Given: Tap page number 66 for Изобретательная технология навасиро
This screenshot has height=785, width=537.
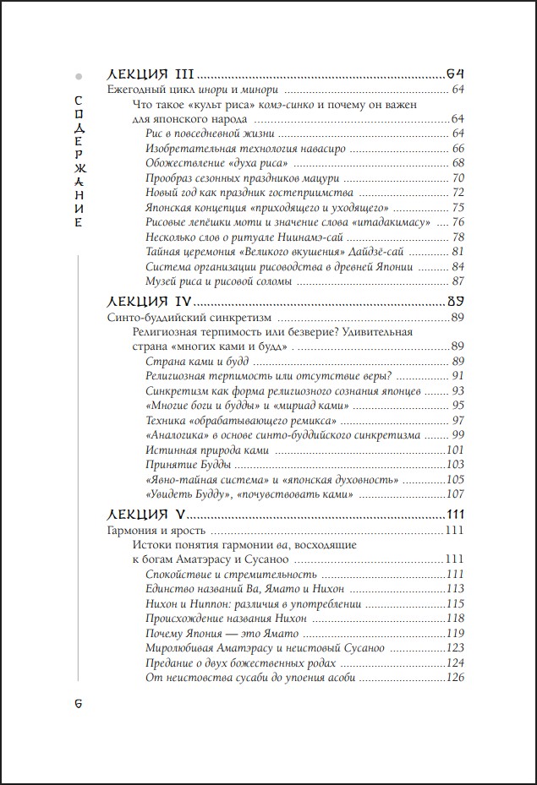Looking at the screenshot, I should pyautogui.click(x=459, y=148).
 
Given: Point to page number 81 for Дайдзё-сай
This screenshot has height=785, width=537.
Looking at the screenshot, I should pyautogui.click(x=459, y=252).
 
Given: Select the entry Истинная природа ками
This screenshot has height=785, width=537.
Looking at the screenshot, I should pyautogui.click(x=207, y=450).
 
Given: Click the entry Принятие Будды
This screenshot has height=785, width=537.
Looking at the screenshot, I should pyautogui.click(x=189, y=465).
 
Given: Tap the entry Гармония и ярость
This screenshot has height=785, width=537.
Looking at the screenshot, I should pyautogui.click(x=157, y=530).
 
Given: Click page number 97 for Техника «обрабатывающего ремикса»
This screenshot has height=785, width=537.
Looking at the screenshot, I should pyautogui.click(x=459, y=420).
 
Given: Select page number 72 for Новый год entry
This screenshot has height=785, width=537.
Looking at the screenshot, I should pyautogui.click(x=459, y=193).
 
